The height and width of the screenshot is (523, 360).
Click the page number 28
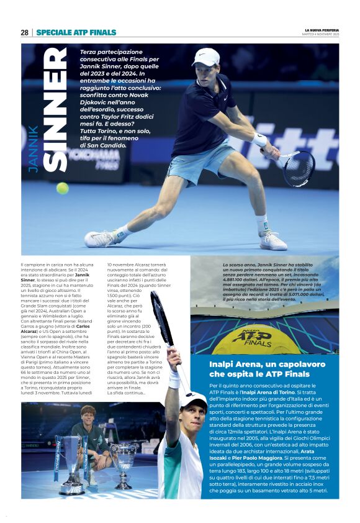(24, 32)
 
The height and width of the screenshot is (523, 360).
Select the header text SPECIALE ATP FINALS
(76, 32)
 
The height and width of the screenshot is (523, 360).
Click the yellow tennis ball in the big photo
(63, 188)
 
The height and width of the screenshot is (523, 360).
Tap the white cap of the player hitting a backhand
(207, 57)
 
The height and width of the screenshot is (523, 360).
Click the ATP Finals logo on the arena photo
(251, 337)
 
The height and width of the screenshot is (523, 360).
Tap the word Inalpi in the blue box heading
(223, 364)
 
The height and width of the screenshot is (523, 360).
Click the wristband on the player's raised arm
(174, 379)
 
